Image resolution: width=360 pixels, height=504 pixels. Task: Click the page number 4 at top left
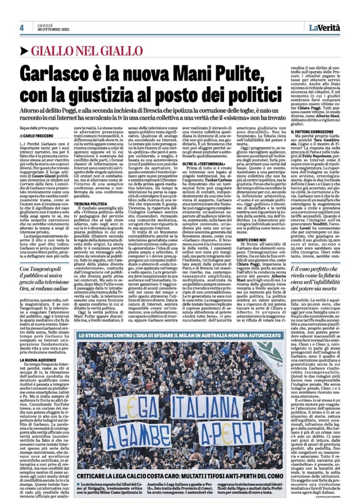(x=22, y=28)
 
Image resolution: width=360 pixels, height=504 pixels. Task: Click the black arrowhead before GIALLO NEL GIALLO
(x=24, y=50)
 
